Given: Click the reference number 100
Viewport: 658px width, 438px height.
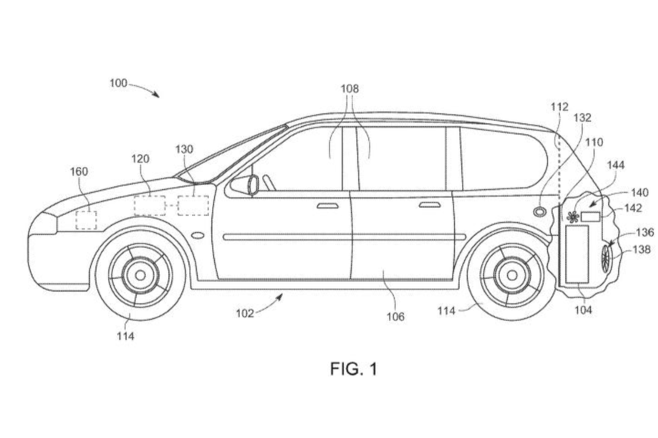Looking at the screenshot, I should (x=119, y=84).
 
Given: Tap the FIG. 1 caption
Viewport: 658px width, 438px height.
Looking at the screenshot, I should (x=354, y=368).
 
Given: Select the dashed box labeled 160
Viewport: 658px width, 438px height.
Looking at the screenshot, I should (x=86, y=220).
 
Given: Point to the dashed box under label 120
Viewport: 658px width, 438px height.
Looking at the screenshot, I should (x=149, y=206).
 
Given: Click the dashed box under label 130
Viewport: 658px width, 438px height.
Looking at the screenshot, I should (x=193, y=206).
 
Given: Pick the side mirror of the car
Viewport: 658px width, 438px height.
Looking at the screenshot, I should (x=253, y=185).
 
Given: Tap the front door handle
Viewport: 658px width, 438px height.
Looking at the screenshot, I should (x=328, y=206).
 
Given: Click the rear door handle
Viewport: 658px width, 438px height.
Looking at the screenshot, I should (x=429, y=205).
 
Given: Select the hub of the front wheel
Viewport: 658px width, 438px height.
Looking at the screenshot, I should (x=140, y=275).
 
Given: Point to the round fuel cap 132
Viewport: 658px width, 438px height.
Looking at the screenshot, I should (x=539, y=211).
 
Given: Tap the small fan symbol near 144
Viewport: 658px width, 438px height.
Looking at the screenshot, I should (x=572, y=216).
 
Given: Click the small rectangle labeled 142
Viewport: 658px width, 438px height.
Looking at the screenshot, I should (x=590, y=217).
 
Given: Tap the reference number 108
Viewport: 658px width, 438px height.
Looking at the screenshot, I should (x=350, y=88).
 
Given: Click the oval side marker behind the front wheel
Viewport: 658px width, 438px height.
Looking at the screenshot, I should (x=197, y=235).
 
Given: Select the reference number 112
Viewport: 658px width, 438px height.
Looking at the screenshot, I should (x=559, y=106).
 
